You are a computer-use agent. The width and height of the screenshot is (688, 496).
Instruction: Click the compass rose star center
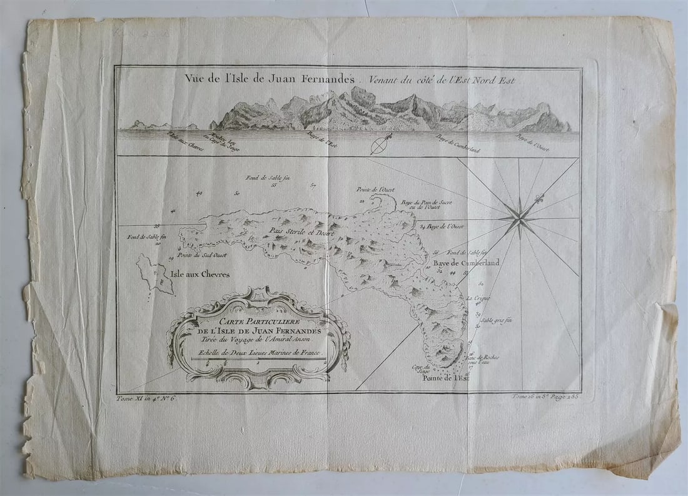519,217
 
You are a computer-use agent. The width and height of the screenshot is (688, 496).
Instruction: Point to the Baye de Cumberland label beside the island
467,263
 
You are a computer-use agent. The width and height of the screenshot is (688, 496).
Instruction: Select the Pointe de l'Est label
445,378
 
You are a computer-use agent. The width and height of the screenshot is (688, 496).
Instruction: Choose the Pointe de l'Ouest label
375,189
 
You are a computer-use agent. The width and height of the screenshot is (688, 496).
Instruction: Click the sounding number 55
274,185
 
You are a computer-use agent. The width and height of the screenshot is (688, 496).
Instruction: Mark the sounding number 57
313,185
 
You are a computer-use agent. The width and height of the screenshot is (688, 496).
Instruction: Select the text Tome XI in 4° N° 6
148,398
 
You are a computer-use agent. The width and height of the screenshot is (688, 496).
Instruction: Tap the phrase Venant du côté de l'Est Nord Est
442,80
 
